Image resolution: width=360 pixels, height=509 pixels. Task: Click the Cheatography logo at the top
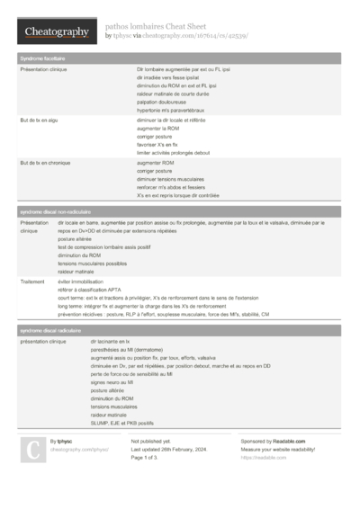tap(56, 32)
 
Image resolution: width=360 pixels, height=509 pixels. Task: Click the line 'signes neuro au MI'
tap(112, 382)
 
